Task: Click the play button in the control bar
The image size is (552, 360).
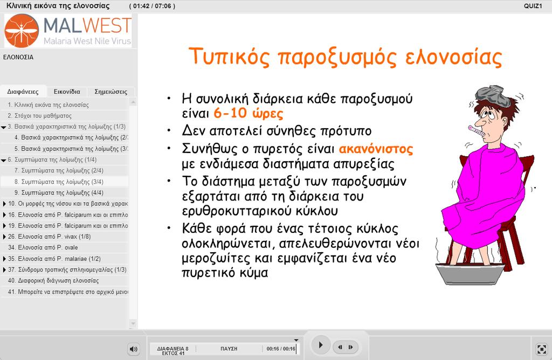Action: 320,345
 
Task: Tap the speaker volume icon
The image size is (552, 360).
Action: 134,349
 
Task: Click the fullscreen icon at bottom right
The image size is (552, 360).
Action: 541,349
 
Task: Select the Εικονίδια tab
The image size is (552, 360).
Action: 67,92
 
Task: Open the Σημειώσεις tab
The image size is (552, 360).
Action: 111,92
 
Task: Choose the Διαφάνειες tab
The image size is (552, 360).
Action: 23,92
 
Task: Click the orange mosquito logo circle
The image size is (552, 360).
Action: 22,31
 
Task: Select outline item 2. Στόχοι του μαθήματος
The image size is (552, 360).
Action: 39,116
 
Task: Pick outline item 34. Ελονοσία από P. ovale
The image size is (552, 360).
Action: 43,247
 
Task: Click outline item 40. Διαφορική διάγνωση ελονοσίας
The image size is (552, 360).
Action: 53,280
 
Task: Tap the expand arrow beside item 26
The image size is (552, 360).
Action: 4,237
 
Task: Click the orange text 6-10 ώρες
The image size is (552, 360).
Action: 249,114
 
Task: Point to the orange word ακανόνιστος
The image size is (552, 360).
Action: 376,149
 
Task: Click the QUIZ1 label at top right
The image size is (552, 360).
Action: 533,6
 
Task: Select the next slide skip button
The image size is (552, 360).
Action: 350,347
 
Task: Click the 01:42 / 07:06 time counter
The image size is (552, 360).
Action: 152,6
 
